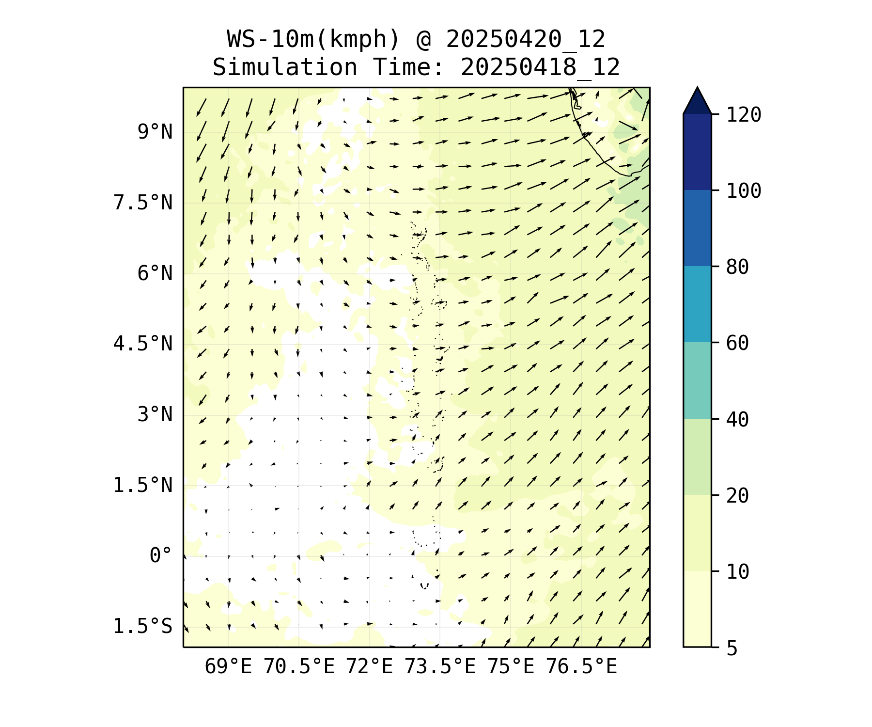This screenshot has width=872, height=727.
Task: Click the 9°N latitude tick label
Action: [155, 132]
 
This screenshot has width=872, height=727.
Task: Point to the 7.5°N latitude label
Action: [142, 203]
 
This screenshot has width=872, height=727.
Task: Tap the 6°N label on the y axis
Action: [155, 273]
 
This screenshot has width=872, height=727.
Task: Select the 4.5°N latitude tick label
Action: [142, 344]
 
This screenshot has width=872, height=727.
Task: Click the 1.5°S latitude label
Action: [142, 626]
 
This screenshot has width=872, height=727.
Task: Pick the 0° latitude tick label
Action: [160, 555]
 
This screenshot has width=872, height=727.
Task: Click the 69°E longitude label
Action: [228, 667]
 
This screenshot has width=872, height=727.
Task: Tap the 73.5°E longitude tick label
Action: [440, 667]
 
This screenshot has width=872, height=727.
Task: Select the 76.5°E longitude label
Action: [581, 667]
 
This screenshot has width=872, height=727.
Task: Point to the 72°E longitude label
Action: [369, 667]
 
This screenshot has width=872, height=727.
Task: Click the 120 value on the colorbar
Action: [744, 115]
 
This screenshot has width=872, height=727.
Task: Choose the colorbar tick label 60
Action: [737, 343]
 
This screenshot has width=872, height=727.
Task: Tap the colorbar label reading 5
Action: [732, 648]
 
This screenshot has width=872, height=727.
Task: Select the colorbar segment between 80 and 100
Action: [697, 228]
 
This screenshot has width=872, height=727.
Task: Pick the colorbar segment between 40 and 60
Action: [697, 380]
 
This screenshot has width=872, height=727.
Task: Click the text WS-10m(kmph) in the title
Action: [313, 39]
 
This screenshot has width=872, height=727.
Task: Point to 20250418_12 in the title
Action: [540, 67]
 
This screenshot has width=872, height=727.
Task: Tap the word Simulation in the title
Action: [285, 67]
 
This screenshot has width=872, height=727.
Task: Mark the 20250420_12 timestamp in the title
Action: [526, 39]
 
